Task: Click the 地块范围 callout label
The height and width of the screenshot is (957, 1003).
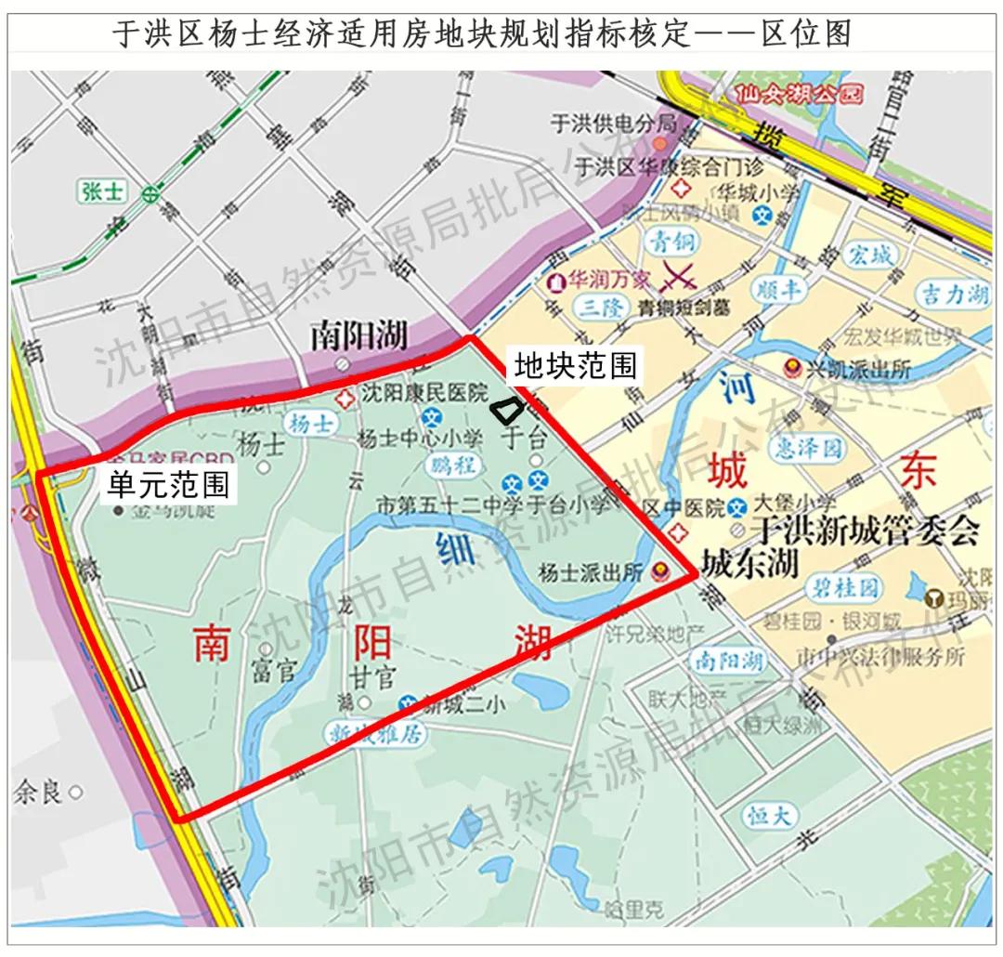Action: pyautogui.click(x=576, y=366)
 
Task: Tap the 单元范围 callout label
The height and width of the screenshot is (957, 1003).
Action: pyautogui.click(x=168, y=486)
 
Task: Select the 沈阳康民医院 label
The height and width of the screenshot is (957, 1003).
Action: pyautogui.click(x=423, y=394)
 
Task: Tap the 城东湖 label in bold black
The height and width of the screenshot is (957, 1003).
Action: pyautogui.click(x=749, y=564)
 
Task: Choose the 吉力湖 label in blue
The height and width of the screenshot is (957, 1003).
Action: pyautogui.click(x=953, y=295)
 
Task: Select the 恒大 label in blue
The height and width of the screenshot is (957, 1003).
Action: pyautogui.click(x=770, y=817)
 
